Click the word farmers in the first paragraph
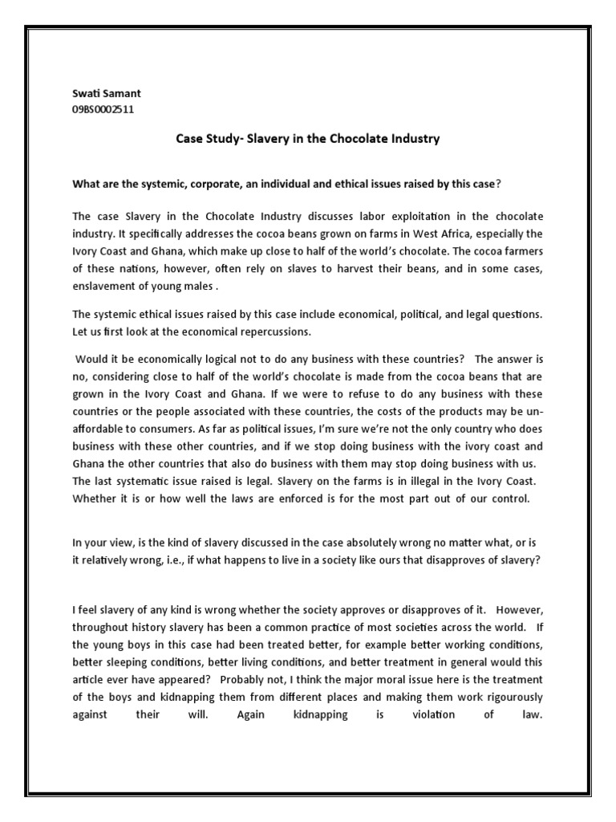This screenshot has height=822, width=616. (x=518, y=251)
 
